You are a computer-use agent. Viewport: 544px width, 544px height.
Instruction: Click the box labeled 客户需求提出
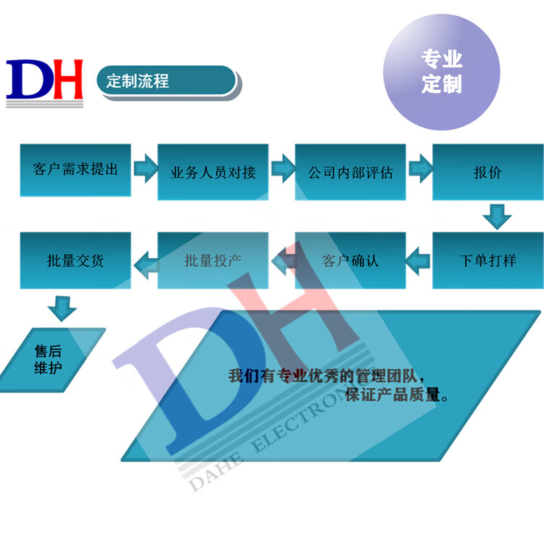pyautogui.click(x=75, y=170)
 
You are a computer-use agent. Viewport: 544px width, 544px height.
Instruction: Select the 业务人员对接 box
pyautogui.click(x=213, y=172)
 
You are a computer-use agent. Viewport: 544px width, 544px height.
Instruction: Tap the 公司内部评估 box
pyautogui.click(x=350, y=172)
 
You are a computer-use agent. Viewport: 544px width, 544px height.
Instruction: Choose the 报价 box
pyautogui.click(x=488, y=172)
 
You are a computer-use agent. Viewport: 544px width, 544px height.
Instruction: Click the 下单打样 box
pyautogui.click(x=488, y=260)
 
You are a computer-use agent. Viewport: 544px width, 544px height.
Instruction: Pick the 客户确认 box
pyautogui.click(x=350, y=260)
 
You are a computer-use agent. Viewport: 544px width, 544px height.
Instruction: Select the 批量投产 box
pyautogui.click(x=213, y=260)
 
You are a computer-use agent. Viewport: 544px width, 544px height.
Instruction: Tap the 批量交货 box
pyautogui.click(x=75, y=260)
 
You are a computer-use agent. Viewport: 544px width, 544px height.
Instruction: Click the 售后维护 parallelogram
pyautogui.click(x=52, y=360)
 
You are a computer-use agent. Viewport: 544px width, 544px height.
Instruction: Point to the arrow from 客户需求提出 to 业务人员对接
pyautogui.click(x=146, y=168)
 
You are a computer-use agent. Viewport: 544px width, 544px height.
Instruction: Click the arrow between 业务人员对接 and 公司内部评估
pyautogui.click(x=283, y=168)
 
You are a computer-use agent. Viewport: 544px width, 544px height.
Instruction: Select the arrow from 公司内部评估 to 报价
pyautogui.click(x=421, y=168)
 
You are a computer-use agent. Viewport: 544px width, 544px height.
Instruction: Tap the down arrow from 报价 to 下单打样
pyautogui.click(x=497, y=217)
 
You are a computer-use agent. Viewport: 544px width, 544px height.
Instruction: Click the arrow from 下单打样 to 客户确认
pyautogui.click(x=417, y=261)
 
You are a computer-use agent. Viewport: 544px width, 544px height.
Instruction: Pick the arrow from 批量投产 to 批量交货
pyautogui.click(x=146, y=265)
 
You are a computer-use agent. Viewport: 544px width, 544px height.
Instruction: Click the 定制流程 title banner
pyautogui.click(x=168, y=83)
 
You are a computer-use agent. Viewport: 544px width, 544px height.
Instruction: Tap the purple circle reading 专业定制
pyautogui.click(x=442, y=72)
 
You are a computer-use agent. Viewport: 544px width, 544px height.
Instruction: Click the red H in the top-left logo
pyautogui.click(x=68, y=79)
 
